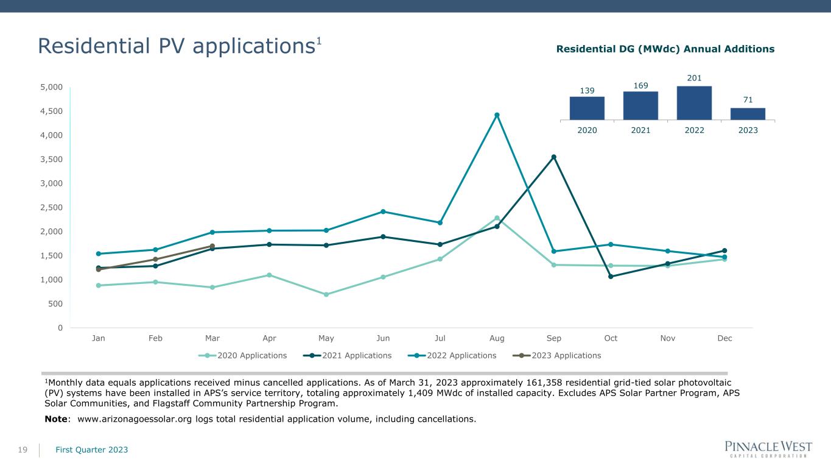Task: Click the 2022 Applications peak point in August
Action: pos(497,115)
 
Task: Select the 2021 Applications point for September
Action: pos(553,157)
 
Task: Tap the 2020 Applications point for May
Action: pos(326,294)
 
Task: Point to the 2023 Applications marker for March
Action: pos(212,246)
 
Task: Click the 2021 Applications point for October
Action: pos(611,276)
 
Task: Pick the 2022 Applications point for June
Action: pos(383,211)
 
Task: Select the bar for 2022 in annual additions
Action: pos(694,103)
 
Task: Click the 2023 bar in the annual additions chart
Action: pos(748,114)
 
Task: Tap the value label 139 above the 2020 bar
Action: pos(587,91)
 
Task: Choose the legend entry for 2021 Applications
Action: pos(347,355)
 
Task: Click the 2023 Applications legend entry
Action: pos(556,355)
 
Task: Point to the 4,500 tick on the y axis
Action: pos(51,111)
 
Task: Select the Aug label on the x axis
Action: pos(497,338)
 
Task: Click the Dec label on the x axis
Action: pos(724,338)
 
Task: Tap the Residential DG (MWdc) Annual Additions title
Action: pos(665,49)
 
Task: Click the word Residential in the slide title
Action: pos(94,46)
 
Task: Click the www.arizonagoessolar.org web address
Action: pos(135,419)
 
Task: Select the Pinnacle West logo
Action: pos(768,449)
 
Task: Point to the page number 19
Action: pos(23,450)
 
